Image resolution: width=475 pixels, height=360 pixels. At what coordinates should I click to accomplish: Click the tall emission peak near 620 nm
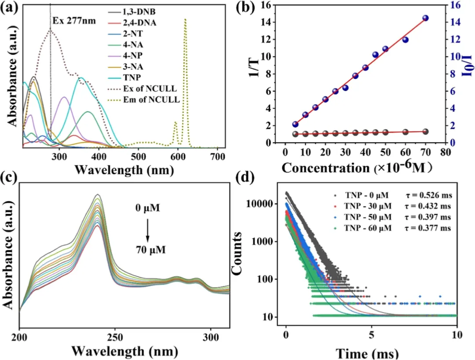coord(185,20)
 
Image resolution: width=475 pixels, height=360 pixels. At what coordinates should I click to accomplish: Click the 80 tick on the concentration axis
coord(446,156)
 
